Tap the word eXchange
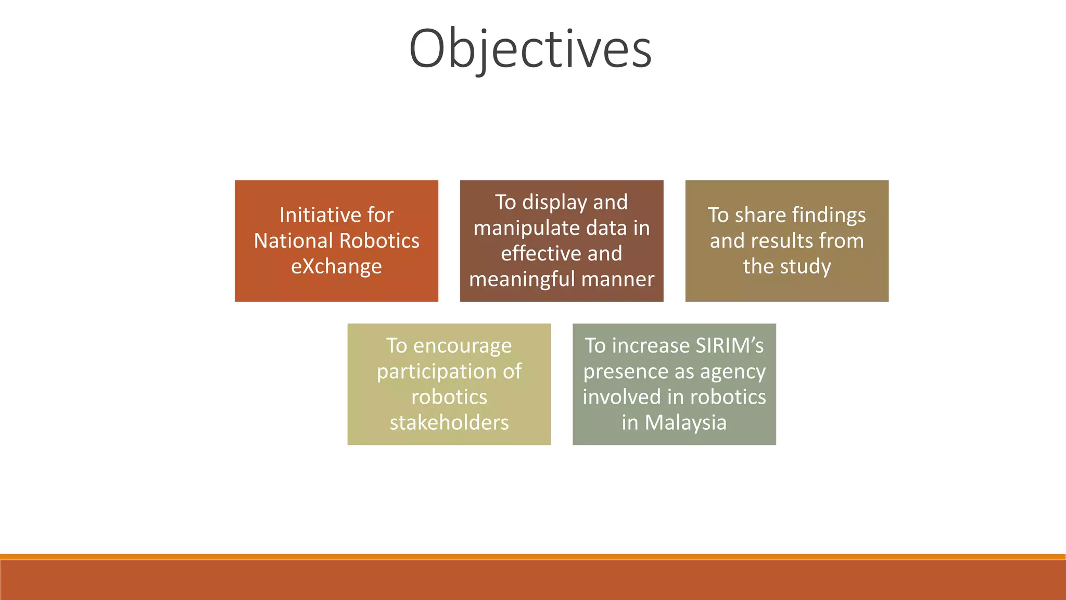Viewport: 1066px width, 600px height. [x=336, y=267]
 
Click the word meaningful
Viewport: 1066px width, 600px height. [x=522, y=280]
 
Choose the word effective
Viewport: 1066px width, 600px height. [x=536, y=254]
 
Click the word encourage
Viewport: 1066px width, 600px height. [x=462, y=346]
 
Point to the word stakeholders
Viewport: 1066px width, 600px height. [x=449, y=422]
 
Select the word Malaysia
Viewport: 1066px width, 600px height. [x=686, y=422]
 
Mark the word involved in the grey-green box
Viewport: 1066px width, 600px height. [x=617, y=397]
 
